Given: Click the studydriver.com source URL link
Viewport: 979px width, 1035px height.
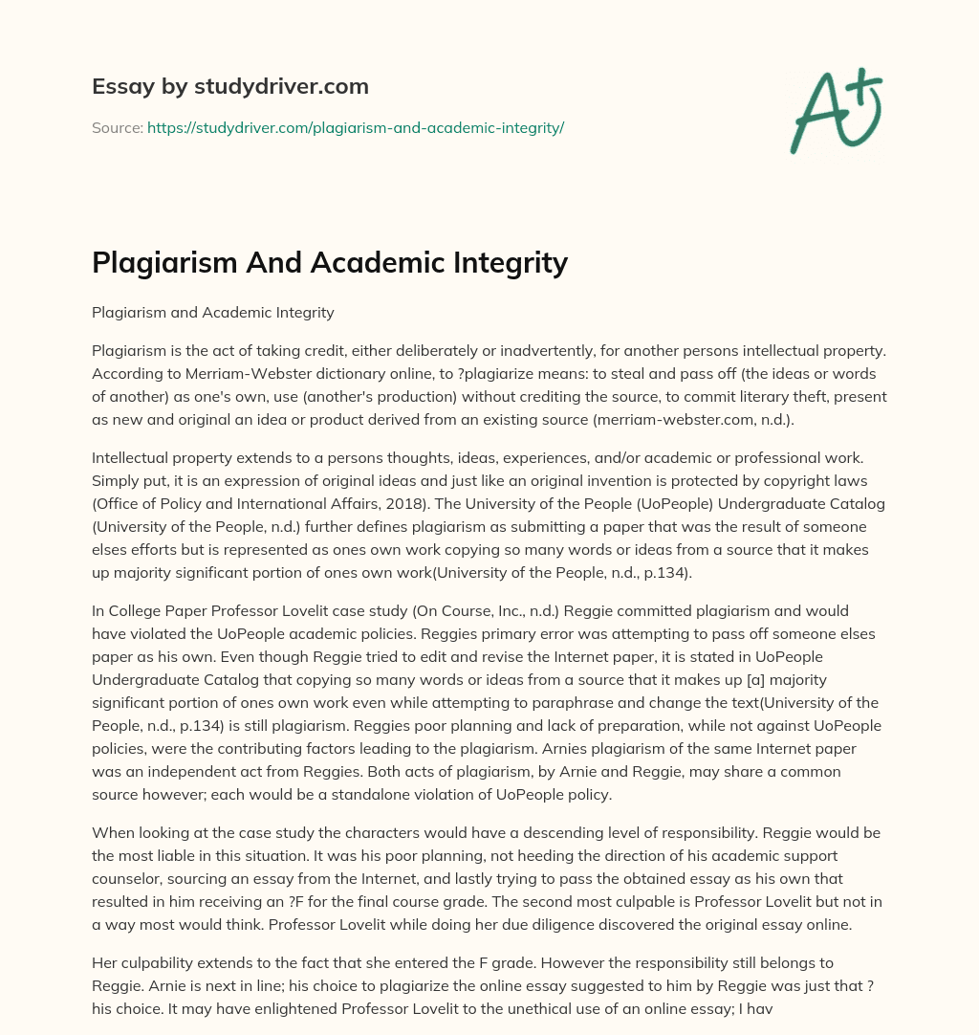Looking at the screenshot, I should tap(355, 127).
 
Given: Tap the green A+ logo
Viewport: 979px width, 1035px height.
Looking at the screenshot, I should tap(836, 109).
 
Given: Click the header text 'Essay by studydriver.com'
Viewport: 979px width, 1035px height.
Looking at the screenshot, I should tap(229, 86).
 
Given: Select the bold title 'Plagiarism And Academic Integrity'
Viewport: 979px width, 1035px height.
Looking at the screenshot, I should tap(330, 262).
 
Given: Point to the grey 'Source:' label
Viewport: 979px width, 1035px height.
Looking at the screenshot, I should tap(117, 127).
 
